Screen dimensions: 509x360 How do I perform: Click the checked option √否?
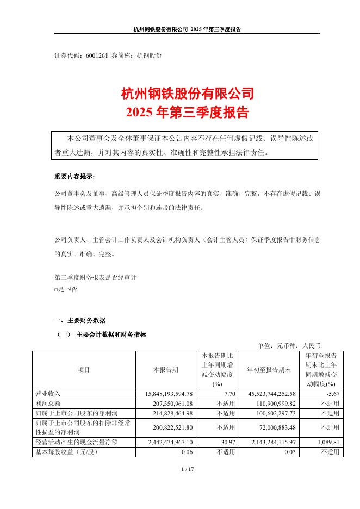pyautogui.click(x=72, y=289)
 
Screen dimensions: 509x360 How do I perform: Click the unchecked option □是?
pyautogui.click(x=59, y=289)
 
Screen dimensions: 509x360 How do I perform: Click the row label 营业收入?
pyautogui.click(x=48, y=393)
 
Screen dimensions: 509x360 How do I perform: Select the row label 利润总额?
pyautogui.click(x=48, y=403)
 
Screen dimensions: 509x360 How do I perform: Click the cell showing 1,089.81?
pyautogui.click(x=327, y=443)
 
